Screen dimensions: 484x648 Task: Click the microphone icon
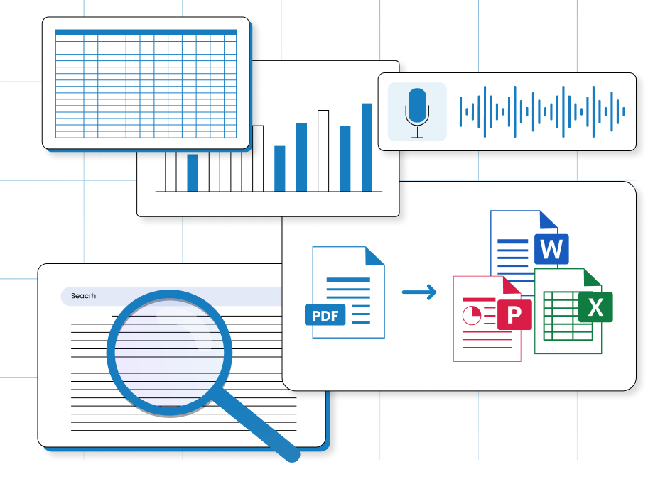pos(417,111)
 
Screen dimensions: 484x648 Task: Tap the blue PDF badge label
pos(325,314)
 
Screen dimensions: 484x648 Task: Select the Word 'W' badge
pos(551,249)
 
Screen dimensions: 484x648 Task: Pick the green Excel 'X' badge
pos(595,307)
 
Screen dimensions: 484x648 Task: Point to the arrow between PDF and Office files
pos(419,292)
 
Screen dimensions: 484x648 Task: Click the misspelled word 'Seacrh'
pos(83,296)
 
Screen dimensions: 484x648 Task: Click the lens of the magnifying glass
pos(169,350)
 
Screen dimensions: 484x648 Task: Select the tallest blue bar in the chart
pos(367,147)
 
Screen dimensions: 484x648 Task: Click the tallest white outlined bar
pos(323,150)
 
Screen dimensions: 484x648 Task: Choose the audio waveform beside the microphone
pos(543,111)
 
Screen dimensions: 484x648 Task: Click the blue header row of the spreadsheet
pos(146,33)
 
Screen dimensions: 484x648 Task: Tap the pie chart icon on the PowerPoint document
pos(470,313)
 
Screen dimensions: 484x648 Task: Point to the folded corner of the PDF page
pos(375,255)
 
